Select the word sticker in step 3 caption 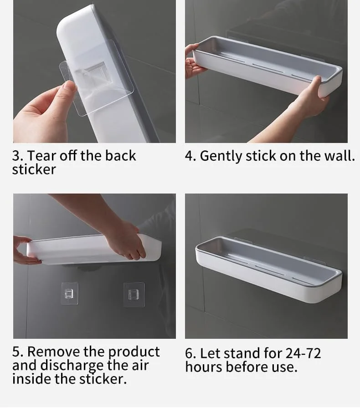[34, 169]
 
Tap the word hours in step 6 [204, 367]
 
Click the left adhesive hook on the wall [70, 293]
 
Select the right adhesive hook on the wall [134, 294]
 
